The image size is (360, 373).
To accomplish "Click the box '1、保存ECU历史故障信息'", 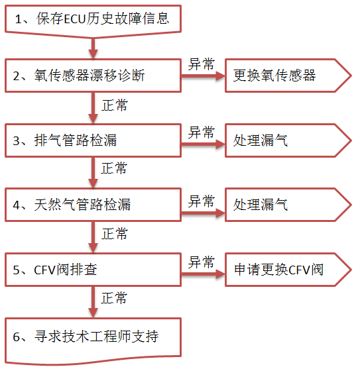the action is click(x=93, y=21).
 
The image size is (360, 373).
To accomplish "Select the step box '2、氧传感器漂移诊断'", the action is click(x=93, y=76).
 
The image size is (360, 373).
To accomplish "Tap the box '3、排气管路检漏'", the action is click(x=93, y=140).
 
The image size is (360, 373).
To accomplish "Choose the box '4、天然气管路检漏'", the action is click(x=93, y=205).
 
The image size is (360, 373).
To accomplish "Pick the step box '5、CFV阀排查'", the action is click(x=93, y=270).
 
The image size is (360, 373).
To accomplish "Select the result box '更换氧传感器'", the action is click(x=288, y=76).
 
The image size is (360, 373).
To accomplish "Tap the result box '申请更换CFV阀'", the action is click(x=288, y=270).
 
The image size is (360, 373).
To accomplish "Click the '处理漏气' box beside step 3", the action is click(x=288, y=140).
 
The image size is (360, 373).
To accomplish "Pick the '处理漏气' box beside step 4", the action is click(x=288, y=205).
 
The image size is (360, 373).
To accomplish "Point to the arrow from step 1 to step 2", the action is click(x=93, y=48).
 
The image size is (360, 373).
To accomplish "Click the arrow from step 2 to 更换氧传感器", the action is click(x=203, y=76).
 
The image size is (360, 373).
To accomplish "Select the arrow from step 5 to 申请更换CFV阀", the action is click(x=203, y=274).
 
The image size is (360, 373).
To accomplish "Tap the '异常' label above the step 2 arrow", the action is click(x=202, y=64).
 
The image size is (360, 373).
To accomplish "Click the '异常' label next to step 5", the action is click(x=202, y=262).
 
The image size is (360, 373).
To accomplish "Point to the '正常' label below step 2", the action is click(x=115, y=105).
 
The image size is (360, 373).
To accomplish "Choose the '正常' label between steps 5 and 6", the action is click(x=114, y=298).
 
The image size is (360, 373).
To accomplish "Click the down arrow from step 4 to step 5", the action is click(x=93, y=237).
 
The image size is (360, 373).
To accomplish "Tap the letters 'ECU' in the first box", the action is click(x=75, y=19).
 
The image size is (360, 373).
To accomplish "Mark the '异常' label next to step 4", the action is click(x=202, y=201).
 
